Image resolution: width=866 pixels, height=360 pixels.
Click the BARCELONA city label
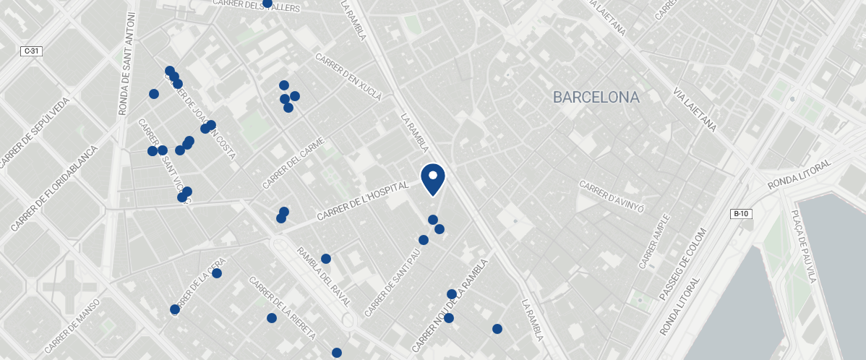pos(596,97)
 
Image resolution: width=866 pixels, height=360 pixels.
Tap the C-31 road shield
pos(31,51)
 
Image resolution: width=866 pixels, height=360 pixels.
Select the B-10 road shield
pos(742,213)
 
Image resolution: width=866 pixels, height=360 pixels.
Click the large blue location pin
pos(432,179)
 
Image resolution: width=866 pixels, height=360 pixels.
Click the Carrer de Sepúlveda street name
pos(35,133)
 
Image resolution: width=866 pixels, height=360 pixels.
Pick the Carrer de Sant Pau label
pos(393,283)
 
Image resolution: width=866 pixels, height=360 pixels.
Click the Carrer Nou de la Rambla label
pos(450,307)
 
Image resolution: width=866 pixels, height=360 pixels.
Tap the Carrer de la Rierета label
pos(282,308)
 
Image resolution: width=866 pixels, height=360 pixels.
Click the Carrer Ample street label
pos(655,241)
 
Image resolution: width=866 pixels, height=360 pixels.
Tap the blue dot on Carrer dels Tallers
pos(267,3)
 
